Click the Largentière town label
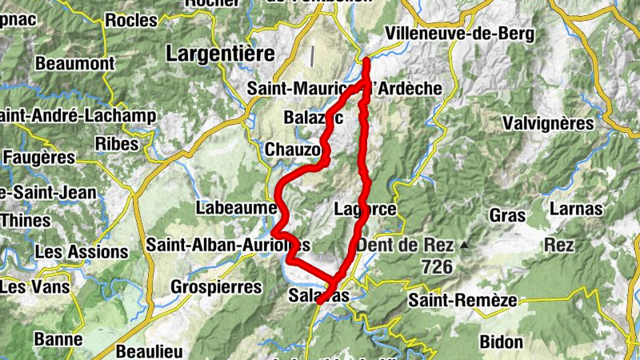220,54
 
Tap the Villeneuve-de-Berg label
459,34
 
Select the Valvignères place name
549,123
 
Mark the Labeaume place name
235,208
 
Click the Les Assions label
81,252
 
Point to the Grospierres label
217,286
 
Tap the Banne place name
58,339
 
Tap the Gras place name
506,216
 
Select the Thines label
22,219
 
